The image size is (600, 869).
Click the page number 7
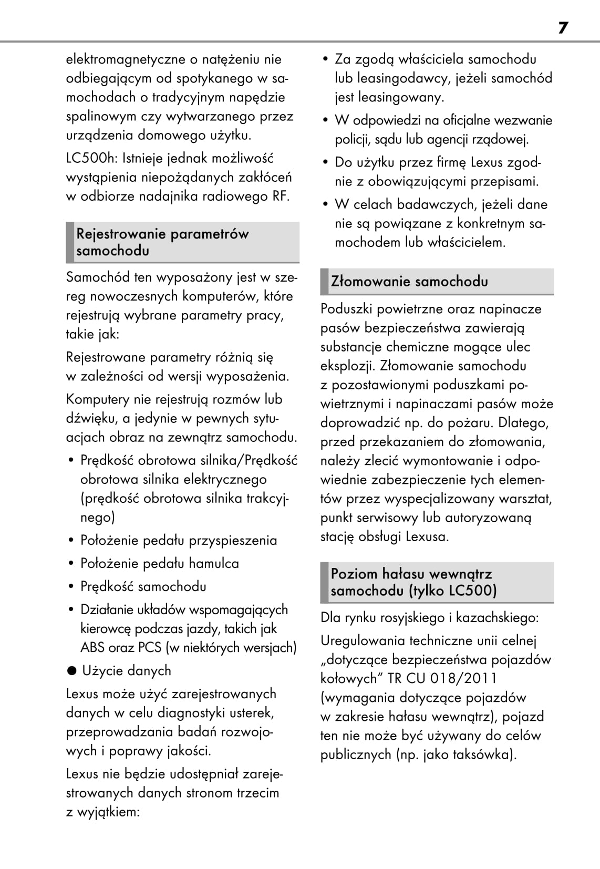click(563, 27)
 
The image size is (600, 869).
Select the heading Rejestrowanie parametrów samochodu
click(162, 242)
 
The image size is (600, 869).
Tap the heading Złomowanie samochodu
click(409, 282)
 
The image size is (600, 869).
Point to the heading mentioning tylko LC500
click(413, 582)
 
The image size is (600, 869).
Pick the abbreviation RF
click(280, 196)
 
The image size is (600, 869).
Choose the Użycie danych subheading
click(127, 670)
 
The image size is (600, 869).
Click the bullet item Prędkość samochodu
click(143, 586)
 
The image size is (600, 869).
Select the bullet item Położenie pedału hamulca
click(159, 563)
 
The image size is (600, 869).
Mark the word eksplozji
click(347, 366)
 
